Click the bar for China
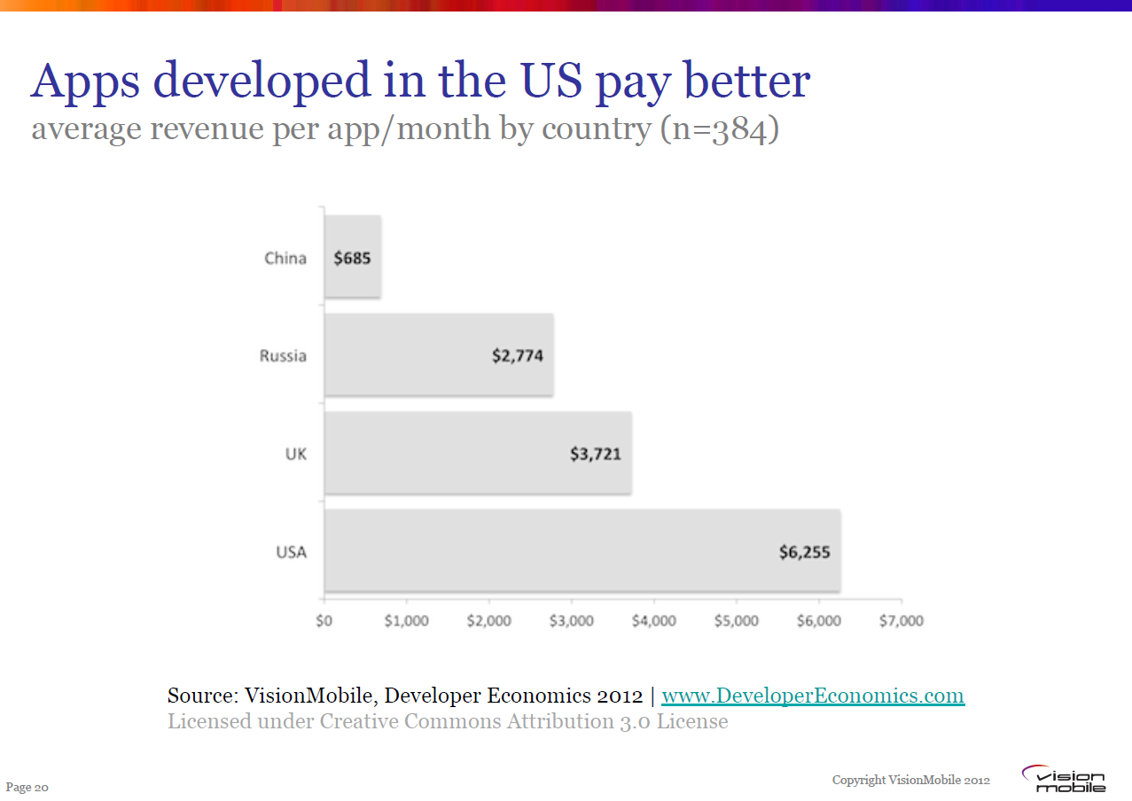(x=353, y=257)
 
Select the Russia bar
(x=439, y=354)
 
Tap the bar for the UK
(x=478, y=453)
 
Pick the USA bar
(x=582, y=550)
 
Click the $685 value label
(x=352, y=259)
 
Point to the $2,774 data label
(x=518, y=356)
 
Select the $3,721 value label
(x=596, y=455)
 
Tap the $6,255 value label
(x=805, y=552)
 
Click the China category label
(x=285, y=259)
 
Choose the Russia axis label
(x=283, y=356)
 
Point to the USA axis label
(x=291, y=552)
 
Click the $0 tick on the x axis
(x=324, y=620)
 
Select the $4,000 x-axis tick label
(x=654, y=620)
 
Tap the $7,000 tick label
(x=902, y=620)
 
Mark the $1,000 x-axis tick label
(x=407, y=620)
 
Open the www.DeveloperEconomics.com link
(x=813, y=696)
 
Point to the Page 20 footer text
(x=27, y=787)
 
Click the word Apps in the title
(x=87, y=82)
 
